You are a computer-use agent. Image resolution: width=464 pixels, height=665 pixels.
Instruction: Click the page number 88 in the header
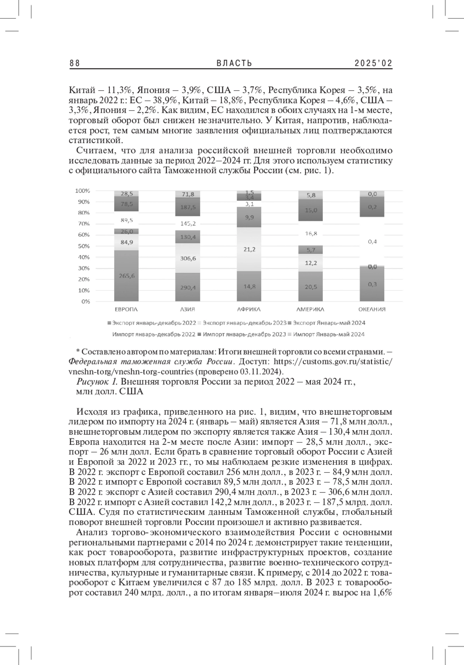coord(75,63)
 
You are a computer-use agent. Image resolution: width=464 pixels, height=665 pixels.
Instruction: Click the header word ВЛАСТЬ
coord(234,63)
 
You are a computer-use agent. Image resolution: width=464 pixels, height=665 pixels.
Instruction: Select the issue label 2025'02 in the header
coord(374,63)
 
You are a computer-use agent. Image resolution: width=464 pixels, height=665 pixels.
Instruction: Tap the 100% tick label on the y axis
coord(83,191)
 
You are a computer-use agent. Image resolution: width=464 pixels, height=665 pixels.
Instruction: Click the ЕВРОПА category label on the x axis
coord(126,309)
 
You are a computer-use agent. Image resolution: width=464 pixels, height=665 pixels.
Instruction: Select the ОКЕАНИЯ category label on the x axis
coord(372,309)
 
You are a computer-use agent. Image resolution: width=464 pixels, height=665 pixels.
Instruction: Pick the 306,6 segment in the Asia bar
coord(188,258)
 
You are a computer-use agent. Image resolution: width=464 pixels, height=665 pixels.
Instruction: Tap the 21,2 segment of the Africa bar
coord(249,250)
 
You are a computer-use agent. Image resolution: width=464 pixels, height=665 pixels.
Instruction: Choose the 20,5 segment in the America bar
coord(310,287)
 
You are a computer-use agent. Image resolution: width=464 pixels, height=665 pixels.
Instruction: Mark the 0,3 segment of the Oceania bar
coord(372,284)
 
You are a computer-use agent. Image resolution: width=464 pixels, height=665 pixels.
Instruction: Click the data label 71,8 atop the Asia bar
coord(188,194)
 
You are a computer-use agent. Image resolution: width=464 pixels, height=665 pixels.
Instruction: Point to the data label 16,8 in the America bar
coord(310,233)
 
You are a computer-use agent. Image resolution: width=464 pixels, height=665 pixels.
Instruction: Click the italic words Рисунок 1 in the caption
coord(97,382)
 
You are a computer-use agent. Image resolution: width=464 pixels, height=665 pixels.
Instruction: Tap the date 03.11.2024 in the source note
coord(264,372)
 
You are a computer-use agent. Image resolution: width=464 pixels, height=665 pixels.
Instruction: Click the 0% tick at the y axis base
coord(85,301)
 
